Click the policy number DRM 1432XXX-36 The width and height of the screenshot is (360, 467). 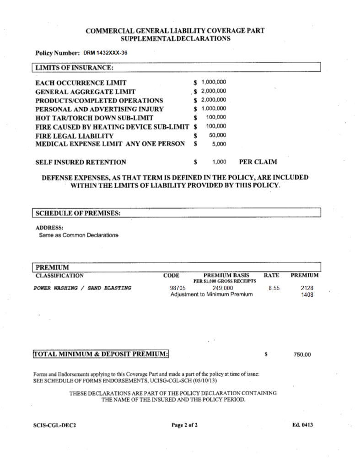click(x=105, y=53)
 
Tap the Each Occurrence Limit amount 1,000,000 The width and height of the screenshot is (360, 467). click(x=214, y=82)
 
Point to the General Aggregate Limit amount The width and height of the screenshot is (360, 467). click(x=214, y=91)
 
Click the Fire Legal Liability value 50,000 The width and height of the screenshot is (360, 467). click(x=217, y=135)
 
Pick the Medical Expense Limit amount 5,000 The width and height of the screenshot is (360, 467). click(x=219, y=144)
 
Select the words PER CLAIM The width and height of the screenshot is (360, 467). click(x=258, y=162)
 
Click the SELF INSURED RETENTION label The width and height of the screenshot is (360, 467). click(x=81, y=162)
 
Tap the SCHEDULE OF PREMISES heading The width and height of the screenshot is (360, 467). click(x=78, y=213)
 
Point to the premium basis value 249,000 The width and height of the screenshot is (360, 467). click(x=223, y=288)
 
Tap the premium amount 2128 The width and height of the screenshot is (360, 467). click(x=306, y=288)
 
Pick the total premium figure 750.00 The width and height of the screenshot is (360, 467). click(x=302, y=354)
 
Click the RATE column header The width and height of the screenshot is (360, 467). click(x=272, y=276)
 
